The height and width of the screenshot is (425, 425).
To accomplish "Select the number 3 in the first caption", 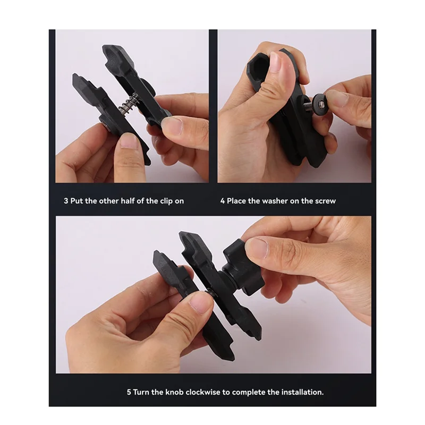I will point(66,201).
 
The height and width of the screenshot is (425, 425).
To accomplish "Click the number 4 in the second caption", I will point(223,201).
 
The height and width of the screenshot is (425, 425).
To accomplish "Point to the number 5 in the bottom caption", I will point(129,392).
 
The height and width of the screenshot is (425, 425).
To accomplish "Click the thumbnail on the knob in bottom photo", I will point(257,248).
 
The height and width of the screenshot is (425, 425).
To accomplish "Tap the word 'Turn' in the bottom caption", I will point(143,392).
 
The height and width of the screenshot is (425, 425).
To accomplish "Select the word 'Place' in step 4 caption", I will point(237,201).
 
